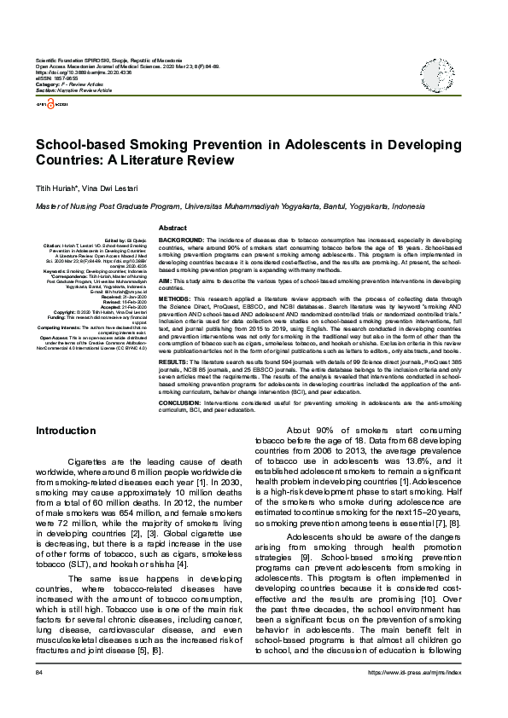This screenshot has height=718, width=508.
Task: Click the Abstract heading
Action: [x=173, y=229]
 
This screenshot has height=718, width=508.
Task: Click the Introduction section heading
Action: [x=65, y=431]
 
